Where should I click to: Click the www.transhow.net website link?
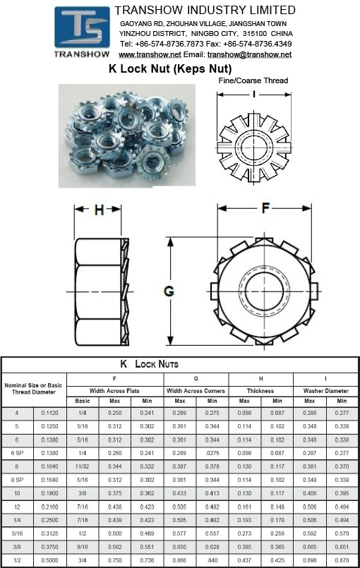pos(150,55)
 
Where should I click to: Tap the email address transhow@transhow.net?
pos(249,55)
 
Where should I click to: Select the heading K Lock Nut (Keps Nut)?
pos(170,68)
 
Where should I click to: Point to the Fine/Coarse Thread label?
pos(253,80)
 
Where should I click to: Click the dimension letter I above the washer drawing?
pos(254,94)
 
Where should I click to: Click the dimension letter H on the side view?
pos(99,210)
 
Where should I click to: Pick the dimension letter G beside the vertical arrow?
pos(169,291)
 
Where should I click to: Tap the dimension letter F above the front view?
pos(265,208)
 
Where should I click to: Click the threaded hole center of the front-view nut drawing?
pos(265,291)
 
